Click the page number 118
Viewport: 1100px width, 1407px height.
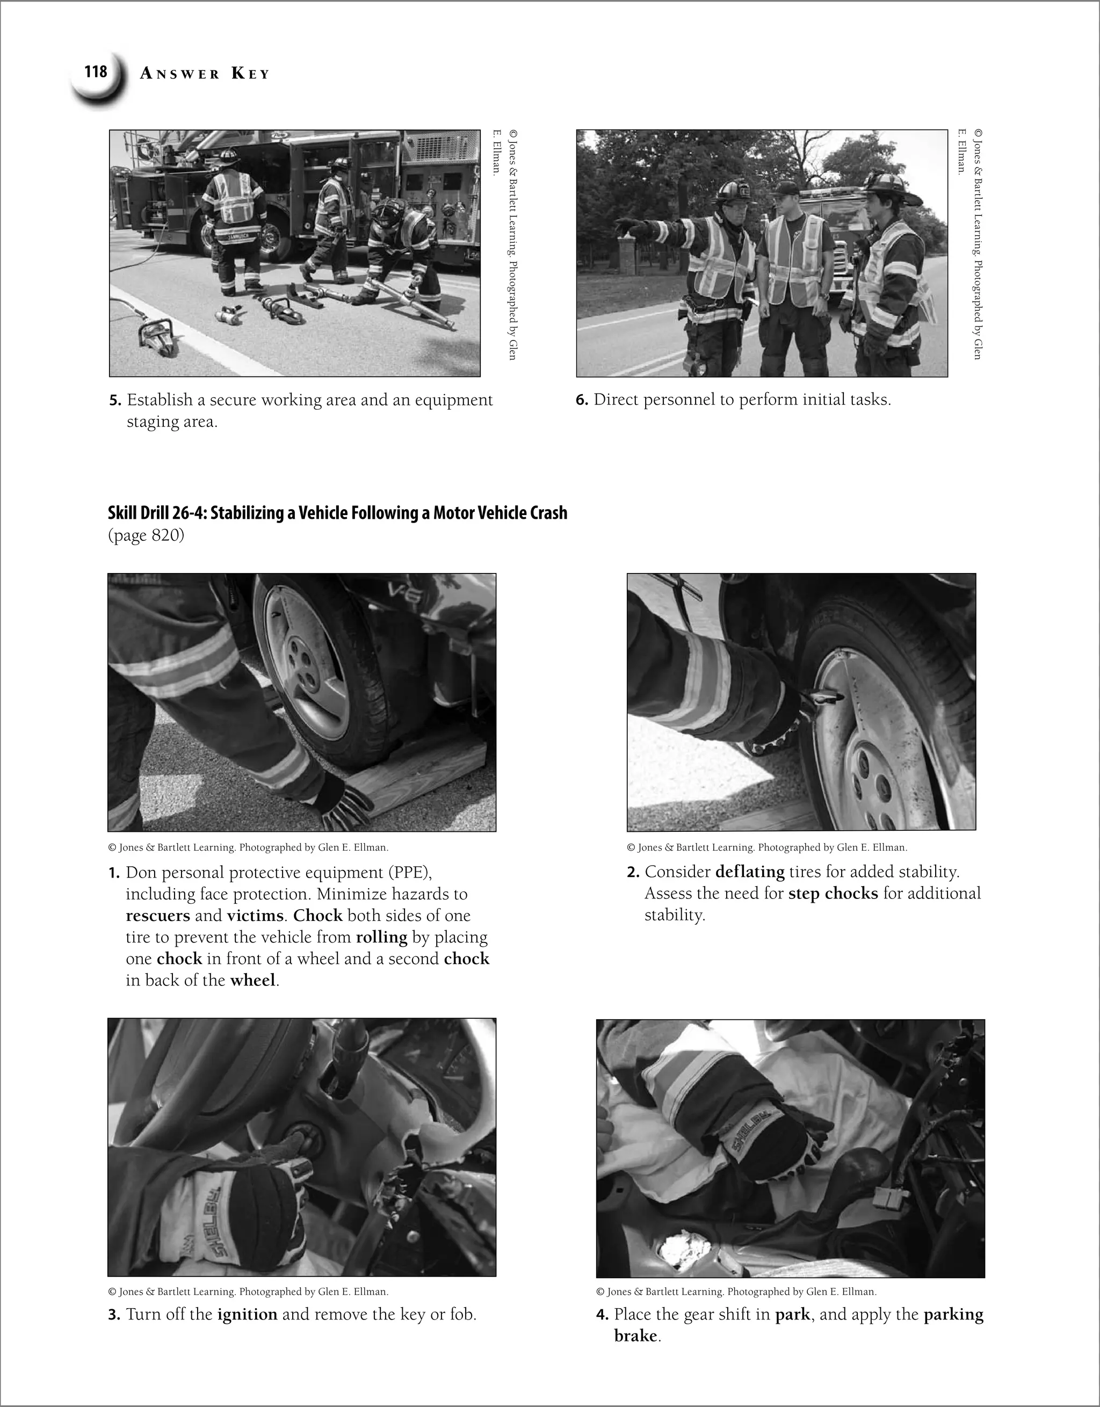[x=96, y=71]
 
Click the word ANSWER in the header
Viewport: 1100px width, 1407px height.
[x=180, y=74]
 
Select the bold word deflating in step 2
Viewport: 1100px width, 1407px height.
[x=749, y=872]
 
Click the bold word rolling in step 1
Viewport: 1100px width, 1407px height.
[x=381, y=937]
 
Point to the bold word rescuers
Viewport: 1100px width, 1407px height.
[x=157, y=916]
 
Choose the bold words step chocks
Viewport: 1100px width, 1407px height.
[x=833, y=894]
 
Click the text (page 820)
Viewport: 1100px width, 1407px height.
[x=146, y=535]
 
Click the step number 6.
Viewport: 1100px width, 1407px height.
[x=581, y=400]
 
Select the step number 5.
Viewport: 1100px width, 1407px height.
[x=115, y=401]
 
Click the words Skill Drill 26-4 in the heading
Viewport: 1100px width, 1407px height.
[x=157, y=513]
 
